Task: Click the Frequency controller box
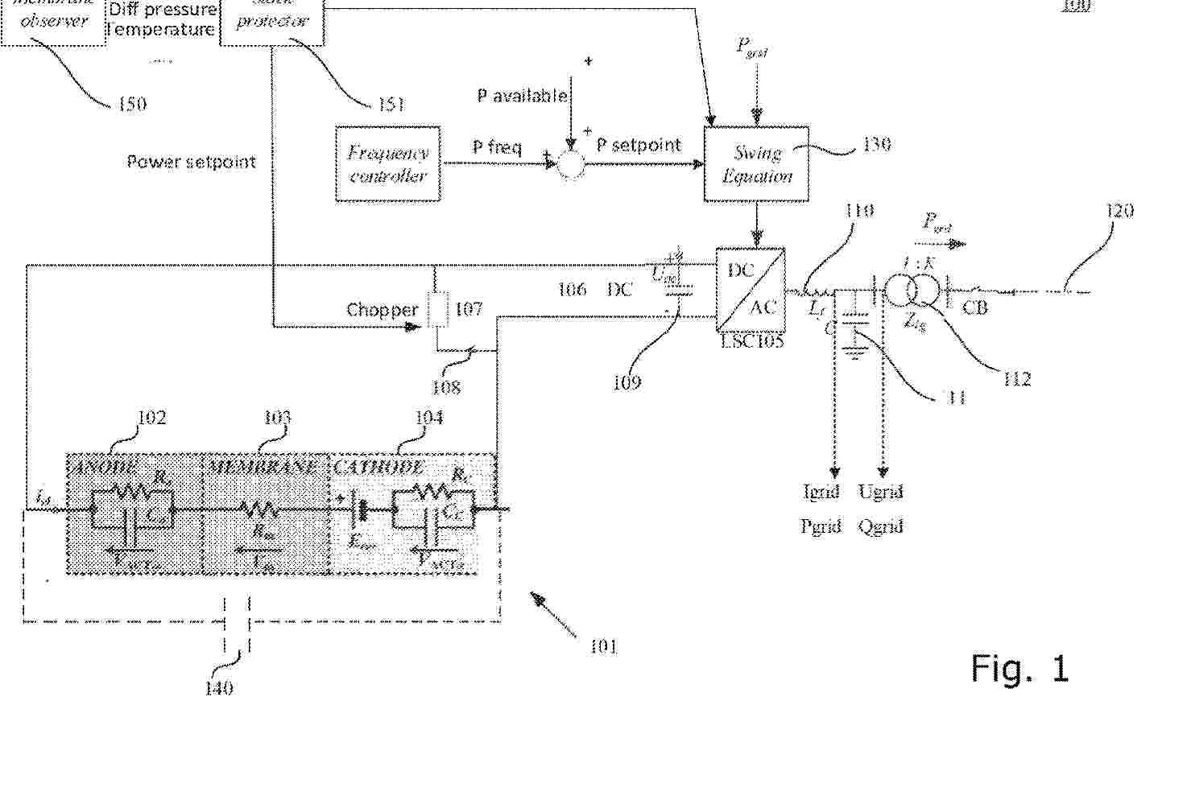tap(387, 163)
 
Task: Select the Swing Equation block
tap(756, 163)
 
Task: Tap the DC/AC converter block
tap(751, 289)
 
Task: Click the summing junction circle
tap(571, 164)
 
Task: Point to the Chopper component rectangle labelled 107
tap(437, 310)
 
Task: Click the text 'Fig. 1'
tap(1019, 669)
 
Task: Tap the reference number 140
tap(219, 687)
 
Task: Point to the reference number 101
tap(603, 646)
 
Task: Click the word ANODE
tap(104, 467)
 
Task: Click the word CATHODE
tap(378, 467)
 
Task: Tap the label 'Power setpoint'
tap(191, 162)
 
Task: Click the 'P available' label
tap(522, 96)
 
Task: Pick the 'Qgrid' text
tap(880, 526)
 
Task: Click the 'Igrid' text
tap(821, 491)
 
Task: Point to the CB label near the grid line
tap(974, 307)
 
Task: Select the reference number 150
tap(132, 104)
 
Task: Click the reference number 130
tap(876, 144)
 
